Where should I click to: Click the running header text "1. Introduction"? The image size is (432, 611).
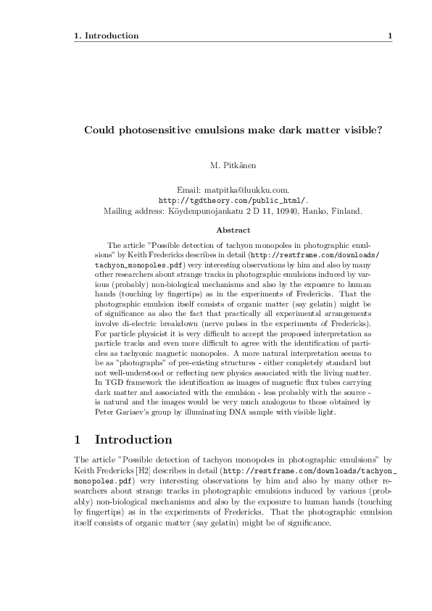107,36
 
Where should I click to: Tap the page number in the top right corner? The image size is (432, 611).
390,36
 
